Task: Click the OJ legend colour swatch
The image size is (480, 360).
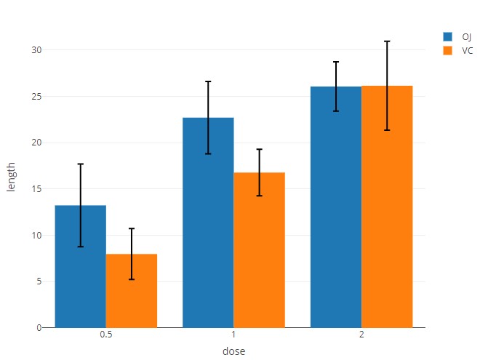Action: tap(448, 36)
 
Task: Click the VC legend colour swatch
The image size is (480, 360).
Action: tap(448, 51)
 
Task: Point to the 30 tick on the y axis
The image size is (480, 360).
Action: tap(36, 50)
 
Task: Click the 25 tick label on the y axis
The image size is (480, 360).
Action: tap(36, 97)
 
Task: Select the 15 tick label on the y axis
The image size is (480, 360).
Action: tap(36, 189)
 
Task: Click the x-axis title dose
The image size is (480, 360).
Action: tap(233, 351)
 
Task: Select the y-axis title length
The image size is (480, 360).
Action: tap(11, 177)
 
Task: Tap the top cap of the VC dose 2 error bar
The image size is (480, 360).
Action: tap(387, 41)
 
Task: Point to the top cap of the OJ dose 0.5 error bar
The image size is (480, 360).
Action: tap(81, 164)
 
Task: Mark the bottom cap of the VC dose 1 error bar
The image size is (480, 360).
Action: tap(259, 196)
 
